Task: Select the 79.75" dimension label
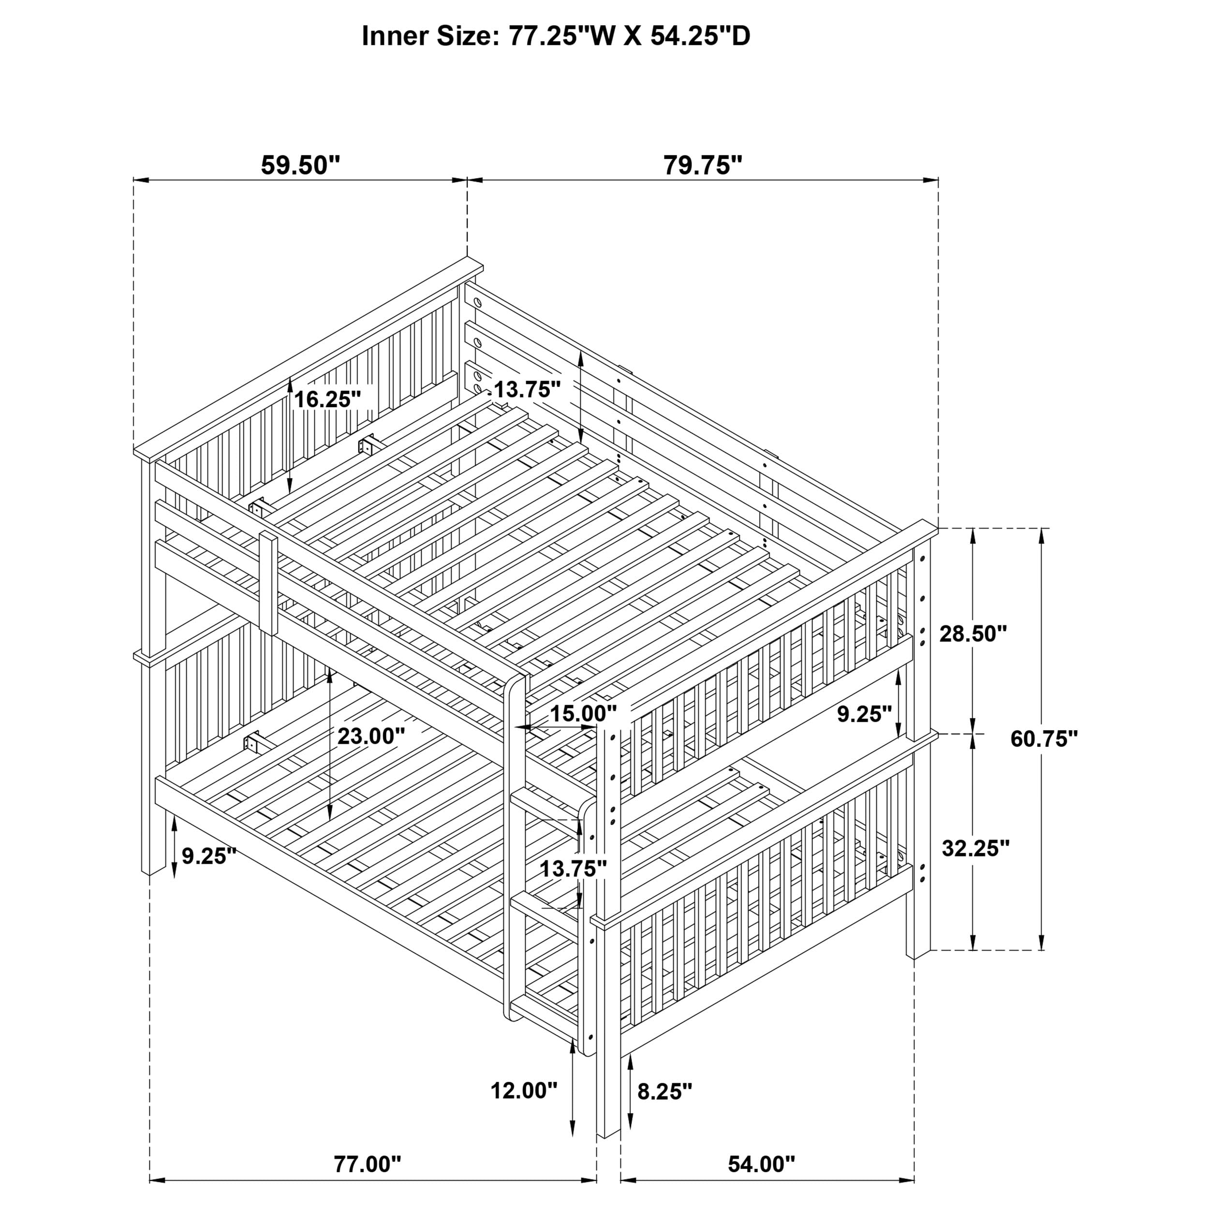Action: pyautogui.click(x=702, y=166)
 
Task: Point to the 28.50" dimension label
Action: pyautogui.click(x=973, y=634)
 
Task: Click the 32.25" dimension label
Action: pyautogui.click(x=975, y=849)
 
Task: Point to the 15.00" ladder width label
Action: pyautogui.click(x=583, y=713)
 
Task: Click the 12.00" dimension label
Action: pyautogui.click(x=524, y=1091)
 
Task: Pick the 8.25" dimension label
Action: pyautogui.click(x=664, y=1091)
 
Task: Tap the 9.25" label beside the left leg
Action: pyautogui.click(x=209, y=855)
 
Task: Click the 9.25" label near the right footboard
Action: pyautogui.click(x=864, y=714)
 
